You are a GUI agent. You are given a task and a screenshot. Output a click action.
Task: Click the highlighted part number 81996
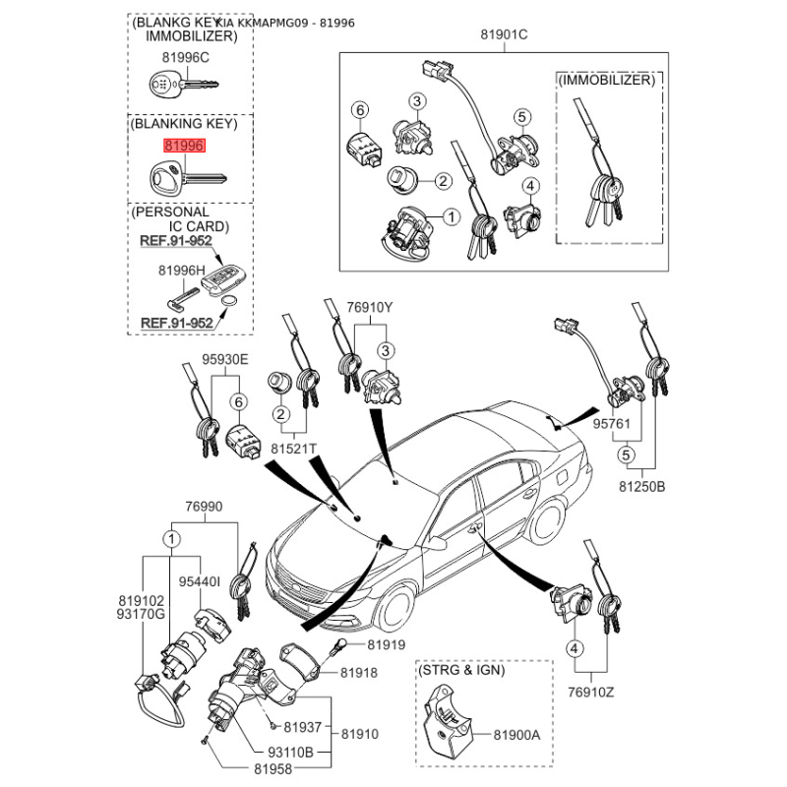tap(184, 146)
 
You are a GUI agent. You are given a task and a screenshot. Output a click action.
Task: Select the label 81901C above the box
tap(505, 35)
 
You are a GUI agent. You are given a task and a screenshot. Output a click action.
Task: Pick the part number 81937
tap(303, 728)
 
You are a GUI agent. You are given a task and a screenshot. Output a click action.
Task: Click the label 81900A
tap(517, 734)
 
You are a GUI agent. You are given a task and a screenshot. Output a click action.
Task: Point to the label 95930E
tap(225, 359)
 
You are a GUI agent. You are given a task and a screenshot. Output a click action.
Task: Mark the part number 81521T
tap(294, 449)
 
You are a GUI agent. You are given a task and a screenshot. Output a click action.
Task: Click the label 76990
tap(204, 507)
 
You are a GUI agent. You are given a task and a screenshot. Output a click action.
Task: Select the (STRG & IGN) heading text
tap(462, 671)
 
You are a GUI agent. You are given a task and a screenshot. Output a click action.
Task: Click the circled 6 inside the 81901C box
tap(360, 109)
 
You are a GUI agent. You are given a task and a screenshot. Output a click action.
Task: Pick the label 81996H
tap(181, 270)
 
